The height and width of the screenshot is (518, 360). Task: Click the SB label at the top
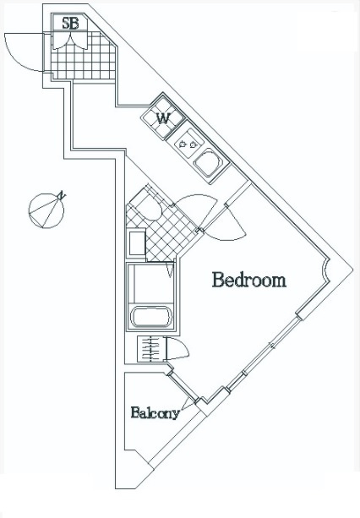(x=70, y=23)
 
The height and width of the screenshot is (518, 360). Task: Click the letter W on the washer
(x=163, y=118)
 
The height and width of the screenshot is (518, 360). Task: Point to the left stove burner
(x=182, y=144)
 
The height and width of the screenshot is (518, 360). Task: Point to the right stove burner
(x=194, y=144)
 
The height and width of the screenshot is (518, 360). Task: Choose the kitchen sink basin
(x=208, y=162)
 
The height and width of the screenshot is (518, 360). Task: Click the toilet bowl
(x=147, y=207)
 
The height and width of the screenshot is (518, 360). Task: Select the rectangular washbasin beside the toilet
(x=136, y=243)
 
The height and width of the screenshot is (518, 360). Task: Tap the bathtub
(x=151, y=317)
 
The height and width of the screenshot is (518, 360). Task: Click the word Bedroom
(x=249, y=280)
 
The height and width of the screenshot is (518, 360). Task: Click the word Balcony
(x=155, y=412)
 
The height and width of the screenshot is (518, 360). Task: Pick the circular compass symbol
(x=46, y=210)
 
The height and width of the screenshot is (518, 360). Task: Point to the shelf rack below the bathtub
(x=150, y=349)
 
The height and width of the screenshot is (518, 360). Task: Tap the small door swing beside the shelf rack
(x=177, y=348)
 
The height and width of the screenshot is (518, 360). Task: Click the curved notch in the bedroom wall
(x=325, y=270)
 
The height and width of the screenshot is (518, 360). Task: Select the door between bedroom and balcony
(x=183, y=386)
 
